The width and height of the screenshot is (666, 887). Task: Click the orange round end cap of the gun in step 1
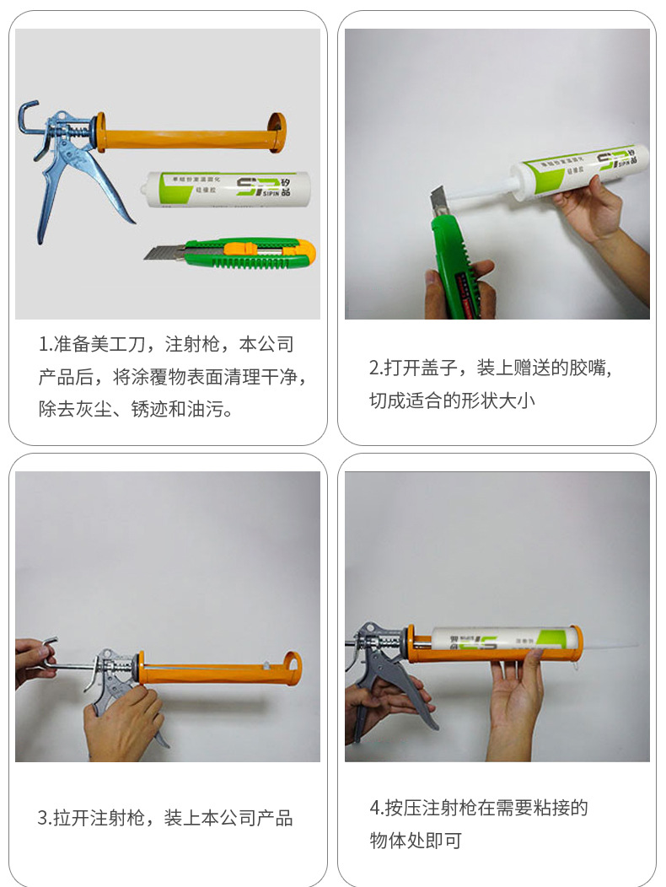(x=276, y=133)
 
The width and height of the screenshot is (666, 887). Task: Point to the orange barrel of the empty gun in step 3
(x=211, y=673)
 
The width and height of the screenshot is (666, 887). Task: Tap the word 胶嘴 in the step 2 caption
(x=588, y=368)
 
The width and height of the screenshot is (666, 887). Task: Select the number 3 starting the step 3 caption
(x=41, y=817)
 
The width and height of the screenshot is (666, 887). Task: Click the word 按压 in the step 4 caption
(x=402, y=808)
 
